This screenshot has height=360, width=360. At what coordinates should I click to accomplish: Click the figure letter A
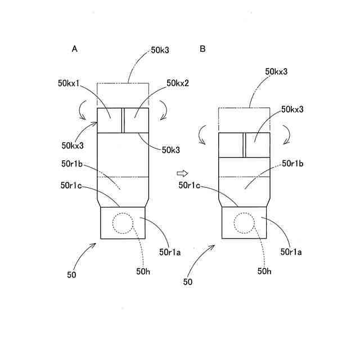(x=74, y=49)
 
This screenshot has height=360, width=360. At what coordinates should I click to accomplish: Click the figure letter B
(x=202, y=49)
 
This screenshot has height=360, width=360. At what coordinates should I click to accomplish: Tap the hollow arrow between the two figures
(x=182, y=173)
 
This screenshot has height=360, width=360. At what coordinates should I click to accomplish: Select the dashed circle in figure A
(x=123, y=223)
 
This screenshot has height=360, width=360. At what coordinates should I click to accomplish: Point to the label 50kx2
(x=178, y=83)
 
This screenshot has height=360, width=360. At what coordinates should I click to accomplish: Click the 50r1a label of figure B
(x=291, y=253)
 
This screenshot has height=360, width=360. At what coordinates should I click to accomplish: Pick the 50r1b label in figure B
(x=293, y=164)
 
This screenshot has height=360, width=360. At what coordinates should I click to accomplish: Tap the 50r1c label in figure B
(x=190, y=184)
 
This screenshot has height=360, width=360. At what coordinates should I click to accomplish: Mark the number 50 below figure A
(x=71, y=275)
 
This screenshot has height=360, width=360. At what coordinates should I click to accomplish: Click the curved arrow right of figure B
(x=286, y=134)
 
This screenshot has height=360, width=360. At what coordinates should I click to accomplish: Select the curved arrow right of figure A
(x=164, y=110)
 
